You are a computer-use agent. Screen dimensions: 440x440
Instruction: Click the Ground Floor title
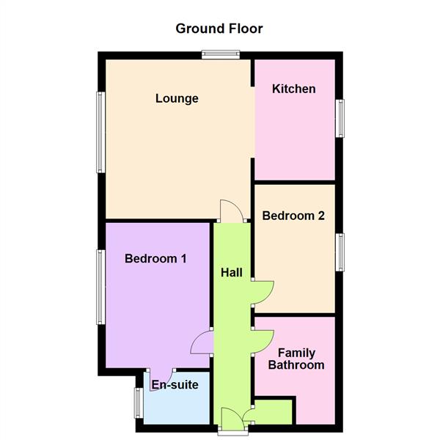click(x=219, y=29)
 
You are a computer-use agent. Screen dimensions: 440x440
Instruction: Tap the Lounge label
click(x=177, y=98)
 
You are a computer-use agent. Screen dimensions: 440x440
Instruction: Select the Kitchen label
click(x=293, y=89)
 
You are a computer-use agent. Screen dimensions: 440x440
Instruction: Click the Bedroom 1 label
click(x=155, y=258)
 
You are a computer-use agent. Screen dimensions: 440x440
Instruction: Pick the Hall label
click(x=232, y=272)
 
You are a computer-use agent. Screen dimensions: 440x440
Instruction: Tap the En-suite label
click(x=175, y=384)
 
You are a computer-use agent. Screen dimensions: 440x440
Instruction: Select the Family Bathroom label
click(x=296, y=359)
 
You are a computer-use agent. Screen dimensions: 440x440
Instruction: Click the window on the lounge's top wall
click(x=221, y=52)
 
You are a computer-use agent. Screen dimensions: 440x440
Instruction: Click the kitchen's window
click(x=340, y=117)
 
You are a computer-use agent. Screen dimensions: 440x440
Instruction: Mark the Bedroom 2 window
click(x=340, y=253)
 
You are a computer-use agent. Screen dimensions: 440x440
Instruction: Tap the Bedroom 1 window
click(x=99, y=287)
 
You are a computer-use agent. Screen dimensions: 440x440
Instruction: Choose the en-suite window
click(x=137, y=404)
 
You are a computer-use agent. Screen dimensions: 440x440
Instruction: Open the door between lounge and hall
click(x=232, y=211)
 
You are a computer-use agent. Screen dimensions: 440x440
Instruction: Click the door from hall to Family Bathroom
click(x=263, y=341)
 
